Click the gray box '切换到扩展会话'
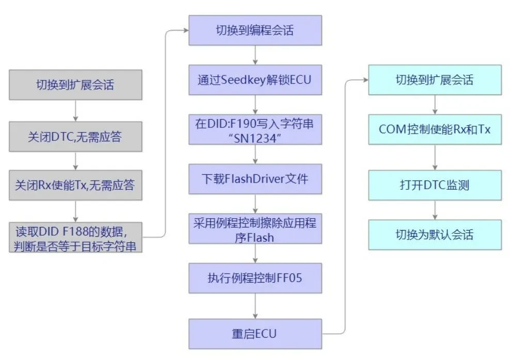(x=75, y=85)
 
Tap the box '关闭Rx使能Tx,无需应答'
(x=75, y=185)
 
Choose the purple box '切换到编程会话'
(x=255, y=30)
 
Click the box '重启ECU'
(x=255, y=333)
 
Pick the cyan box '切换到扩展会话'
(x=435, y=80)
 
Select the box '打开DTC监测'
(x=435, y=185)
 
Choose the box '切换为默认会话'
(x=435, y=235)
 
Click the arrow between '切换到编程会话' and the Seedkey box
(x=255, y=55)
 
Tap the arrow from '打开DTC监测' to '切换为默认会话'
(x=435, y=210)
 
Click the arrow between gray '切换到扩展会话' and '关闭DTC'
(x=75, y=110)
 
